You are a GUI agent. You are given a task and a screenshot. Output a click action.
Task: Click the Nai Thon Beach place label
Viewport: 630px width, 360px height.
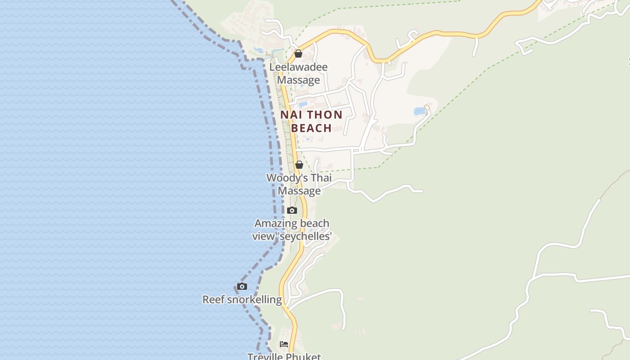pyautogui.click(x=311, y=121)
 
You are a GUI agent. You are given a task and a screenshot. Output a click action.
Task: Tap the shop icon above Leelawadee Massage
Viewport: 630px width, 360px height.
pyautogui.click(x=298, y=54)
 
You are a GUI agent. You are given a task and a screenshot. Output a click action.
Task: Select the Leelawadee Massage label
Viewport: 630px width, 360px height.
pyautogui.click(x=298, y=73)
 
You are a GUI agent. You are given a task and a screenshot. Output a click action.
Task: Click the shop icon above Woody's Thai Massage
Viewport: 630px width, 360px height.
pyautogui.click(x=299, y=165)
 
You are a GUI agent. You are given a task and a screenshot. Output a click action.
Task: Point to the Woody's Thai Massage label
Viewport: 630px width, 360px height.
pyautogui.click(x=299, y=184)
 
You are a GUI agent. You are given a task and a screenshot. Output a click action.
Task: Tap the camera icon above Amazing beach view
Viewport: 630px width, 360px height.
pyautogui.click(x=292, y=210)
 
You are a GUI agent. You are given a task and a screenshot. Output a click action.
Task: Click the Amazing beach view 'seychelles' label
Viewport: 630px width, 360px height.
pyautogui.click(x=292, y=229)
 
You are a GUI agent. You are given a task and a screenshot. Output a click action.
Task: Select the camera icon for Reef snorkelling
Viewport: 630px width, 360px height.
pyautogui.click(x=242, y=286)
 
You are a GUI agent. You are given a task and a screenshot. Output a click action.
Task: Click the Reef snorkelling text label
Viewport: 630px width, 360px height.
pyautogui.click(x=242, y=300)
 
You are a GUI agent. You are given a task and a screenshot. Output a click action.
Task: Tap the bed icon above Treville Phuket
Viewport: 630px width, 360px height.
pyautogui.click(x=284, y=344)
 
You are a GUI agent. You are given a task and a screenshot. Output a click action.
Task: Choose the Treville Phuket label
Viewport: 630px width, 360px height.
pyautogui.click(x=284, y=356)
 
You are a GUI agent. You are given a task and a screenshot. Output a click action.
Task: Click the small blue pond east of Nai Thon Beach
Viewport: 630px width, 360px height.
pyautogui.click(x=419, y=111)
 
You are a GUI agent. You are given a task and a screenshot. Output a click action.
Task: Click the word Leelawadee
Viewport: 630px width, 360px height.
pyautogui.click(x=298, y=67)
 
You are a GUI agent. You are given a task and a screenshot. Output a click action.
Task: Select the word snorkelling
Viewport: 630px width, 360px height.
pyautogui.click(x=254, y=300)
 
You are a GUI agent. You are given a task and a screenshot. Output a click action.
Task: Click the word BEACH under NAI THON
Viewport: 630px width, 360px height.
pyautogui.click(x=311, y=128)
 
